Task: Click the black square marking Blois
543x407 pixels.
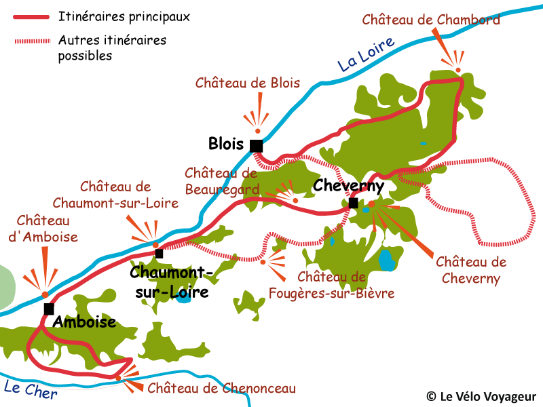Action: click(x=256, y=146)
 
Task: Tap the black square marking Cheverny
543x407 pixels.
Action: click(x=354, y=203)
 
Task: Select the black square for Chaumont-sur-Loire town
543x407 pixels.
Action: click(x=159, y=254)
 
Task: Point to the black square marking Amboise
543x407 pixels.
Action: click(x=49, y=309)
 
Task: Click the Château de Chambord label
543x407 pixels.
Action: click(x=431, y=20)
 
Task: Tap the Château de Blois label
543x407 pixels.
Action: click(x=248, y=83)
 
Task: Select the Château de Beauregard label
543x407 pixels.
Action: click(x=221, y=181)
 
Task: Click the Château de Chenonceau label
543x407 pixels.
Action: click(x=221, y=389)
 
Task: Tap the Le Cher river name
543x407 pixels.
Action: click(x=31, y=390)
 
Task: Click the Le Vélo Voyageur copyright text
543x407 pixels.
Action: click(x=481, y=396)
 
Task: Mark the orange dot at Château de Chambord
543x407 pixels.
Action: click(x=458, y=70)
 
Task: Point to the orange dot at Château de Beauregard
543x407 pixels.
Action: click(x=295, y=200)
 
